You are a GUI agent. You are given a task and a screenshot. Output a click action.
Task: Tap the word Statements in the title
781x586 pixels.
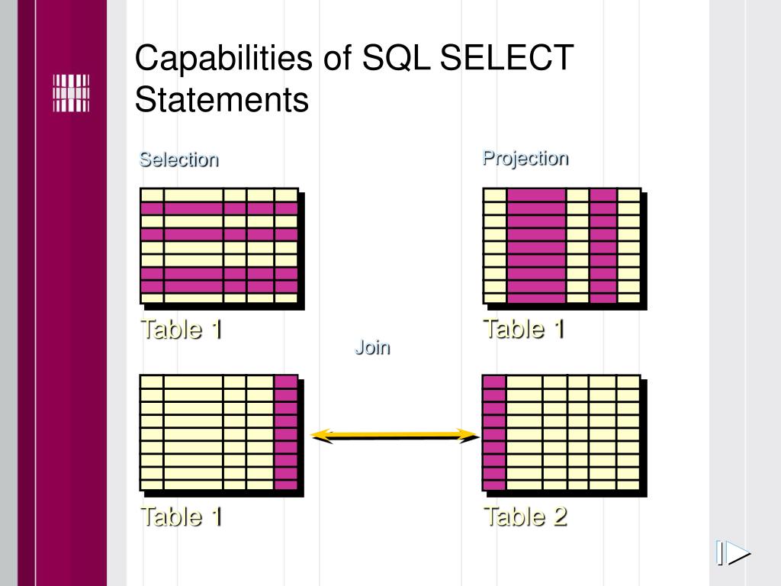222,100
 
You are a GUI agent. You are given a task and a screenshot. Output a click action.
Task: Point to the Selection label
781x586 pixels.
178,159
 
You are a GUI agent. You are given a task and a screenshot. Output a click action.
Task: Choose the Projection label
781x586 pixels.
525,158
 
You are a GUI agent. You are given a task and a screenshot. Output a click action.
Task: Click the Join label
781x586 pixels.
371,348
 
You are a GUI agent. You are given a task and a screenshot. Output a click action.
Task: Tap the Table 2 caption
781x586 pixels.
525,517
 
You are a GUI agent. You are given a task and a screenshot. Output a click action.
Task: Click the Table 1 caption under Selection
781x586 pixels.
181,330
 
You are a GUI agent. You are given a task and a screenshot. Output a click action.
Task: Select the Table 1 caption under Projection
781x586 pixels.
523,329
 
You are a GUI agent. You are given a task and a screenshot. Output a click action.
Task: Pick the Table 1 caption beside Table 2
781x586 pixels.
181,517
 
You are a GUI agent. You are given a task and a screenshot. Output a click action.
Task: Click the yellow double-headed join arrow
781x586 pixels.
394,436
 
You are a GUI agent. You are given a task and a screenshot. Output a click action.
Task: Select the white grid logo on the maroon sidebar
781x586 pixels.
70,93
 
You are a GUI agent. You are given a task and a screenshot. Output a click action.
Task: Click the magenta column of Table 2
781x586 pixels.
494,433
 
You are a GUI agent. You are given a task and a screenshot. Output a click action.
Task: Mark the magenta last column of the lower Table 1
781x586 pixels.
285,433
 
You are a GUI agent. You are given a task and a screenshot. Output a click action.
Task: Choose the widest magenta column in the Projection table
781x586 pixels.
536,246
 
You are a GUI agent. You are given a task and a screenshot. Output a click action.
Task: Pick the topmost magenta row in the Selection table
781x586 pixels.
218,208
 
